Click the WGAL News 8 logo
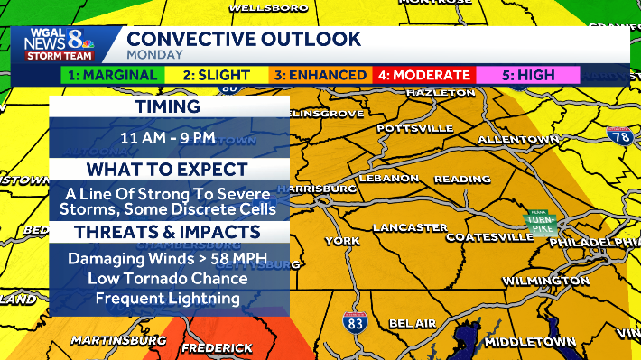pos(64,44)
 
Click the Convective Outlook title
pos(244,40)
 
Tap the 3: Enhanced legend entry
pos(320,75)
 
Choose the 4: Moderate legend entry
pos(424,75)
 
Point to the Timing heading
pos(168,107)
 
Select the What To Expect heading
pos(168,170)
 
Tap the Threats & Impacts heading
pos(168,232)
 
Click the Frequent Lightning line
pos(168,299)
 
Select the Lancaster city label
pos(411,226)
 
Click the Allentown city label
pos(519,140)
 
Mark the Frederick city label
pos(217,347)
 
